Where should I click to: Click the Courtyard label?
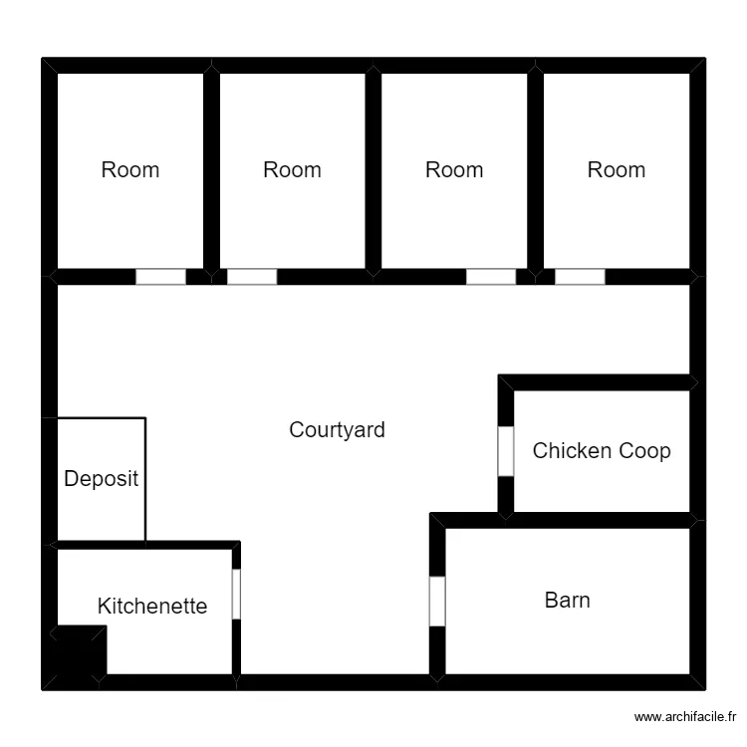pyautogui.click(x=337, y=430)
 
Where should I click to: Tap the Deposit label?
pyautogui.click(x=101, y=479)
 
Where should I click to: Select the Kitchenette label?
pyautogui.click(x=152, y=606)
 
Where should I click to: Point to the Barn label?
pyautogui.click(x=567, y=601)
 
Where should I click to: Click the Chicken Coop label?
pyautogui.click(x=601, y=451)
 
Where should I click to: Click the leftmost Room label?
pyautogui.click(x=130, y=170)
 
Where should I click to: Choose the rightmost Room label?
pyautogui.click(x=616, y=170)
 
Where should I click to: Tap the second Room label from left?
pyautogui.click(x=292, y=170)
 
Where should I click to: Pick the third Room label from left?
pyautogui.click(x=454, y=170)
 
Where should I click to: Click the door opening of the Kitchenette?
pyautogui.click(x=236, y=594)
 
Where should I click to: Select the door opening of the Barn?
pyautogui.click(x=437, y=602)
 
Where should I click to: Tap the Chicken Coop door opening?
pyautogui.click(x=505, y=451)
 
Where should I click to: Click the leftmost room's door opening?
pyautogui.click(x=160, y=277)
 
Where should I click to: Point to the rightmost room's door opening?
pyautogui.click(x=580, y=277)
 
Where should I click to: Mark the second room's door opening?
pyautogui.click(x=252, y=277)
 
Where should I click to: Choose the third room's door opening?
pyautogui.click(x=491, y=277)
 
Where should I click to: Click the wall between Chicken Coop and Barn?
pyautogui.click(x=598, y=520)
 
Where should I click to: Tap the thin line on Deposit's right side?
pyautogui.click(x=145, y=480)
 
